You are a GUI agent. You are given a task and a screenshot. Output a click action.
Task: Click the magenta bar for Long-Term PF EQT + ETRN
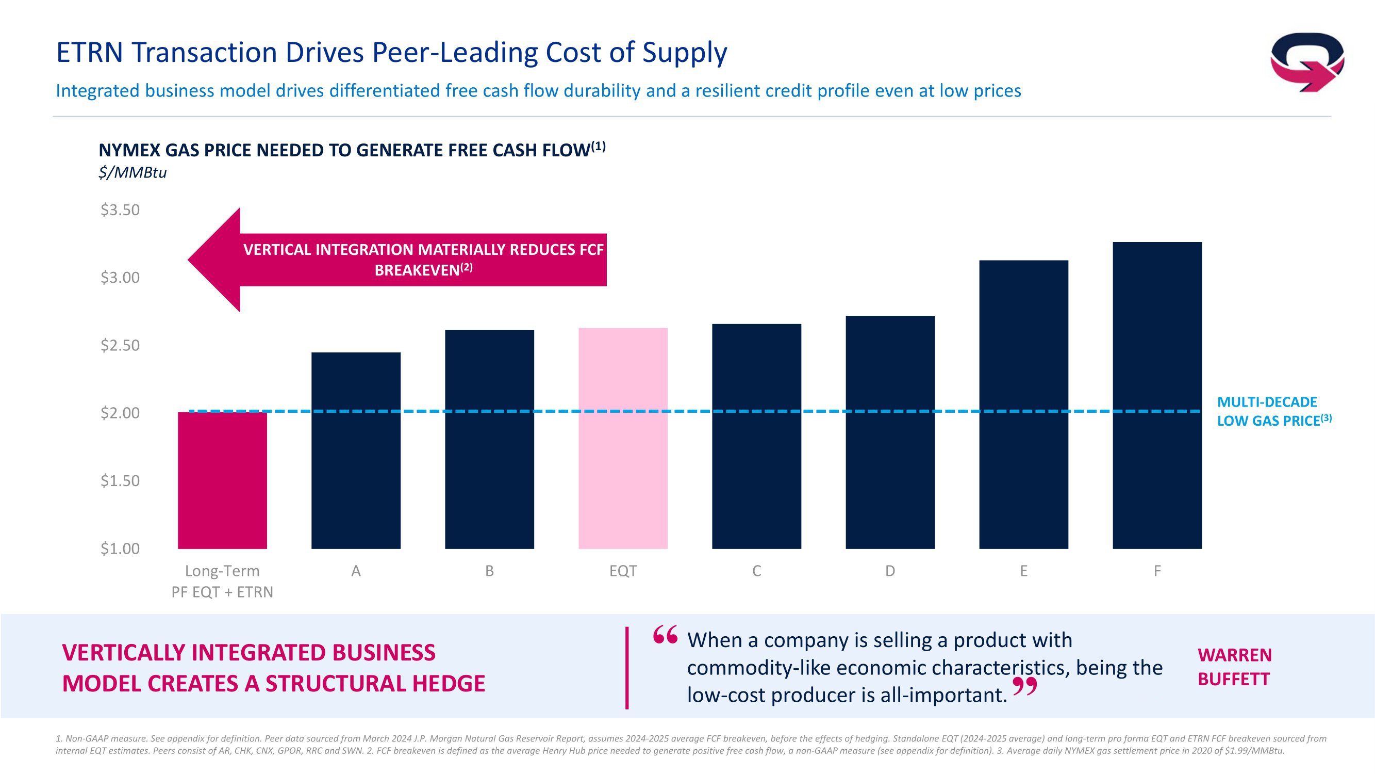tap(222, 480)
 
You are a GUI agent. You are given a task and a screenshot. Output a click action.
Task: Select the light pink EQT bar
tap(623, 438)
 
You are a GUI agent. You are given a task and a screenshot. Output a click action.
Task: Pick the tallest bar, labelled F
tap(1157, 395)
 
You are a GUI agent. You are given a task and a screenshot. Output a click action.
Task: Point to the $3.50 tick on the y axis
tap(120, 210)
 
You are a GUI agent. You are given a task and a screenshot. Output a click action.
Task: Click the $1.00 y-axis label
tap(120, 549)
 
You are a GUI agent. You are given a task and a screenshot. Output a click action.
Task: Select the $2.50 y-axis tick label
tap(120, 346)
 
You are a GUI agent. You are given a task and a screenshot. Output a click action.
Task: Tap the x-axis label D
tap(890, 571)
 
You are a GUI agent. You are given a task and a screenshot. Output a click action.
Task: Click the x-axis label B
tap(489, 571)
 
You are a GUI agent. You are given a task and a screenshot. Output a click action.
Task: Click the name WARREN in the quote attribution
tap(1234, 655)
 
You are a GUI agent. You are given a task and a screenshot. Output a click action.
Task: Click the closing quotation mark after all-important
tap(1024, 687)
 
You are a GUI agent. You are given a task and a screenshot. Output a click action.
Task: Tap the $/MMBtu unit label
tap(132, 172)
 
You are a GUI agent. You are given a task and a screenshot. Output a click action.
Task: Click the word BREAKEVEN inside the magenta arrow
tap(417, 270)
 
